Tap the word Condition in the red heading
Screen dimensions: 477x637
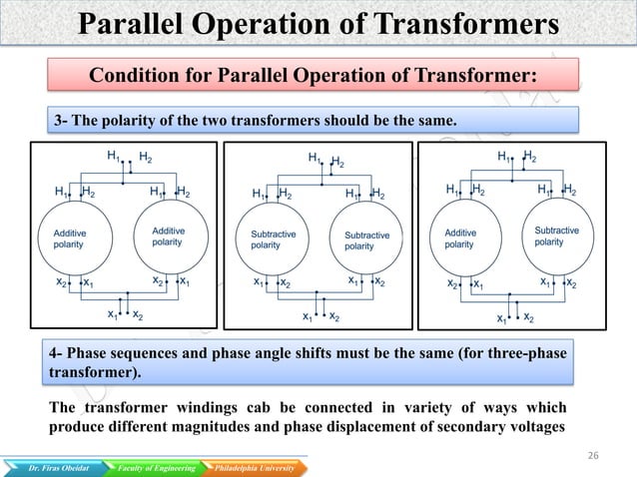point(131,77)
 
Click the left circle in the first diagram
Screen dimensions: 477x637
point(77,238)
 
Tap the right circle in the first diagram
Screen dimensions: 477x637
point(171,238)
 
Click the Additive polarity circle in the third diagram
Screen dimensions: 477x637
point(467,238)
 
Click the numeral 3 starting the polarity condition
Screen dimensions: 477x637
point(58,121)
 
